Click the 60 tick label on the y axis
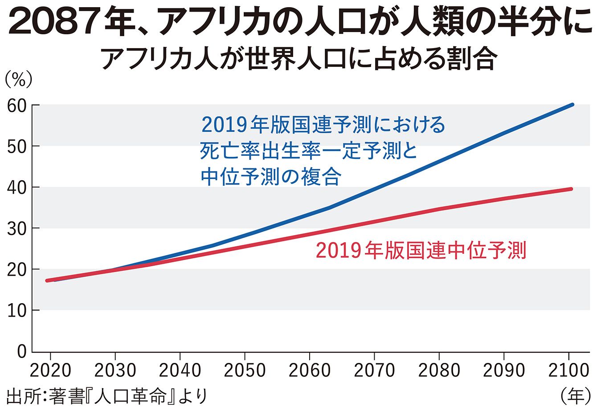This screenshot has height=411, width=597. [x=16, y=106]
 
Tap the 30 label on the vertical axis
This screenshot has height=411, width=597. [x=16, y=228]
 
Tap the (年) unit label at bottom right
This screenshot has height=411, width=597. [x=575, y=395]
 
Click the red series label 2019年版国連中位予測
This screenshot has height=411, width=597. [x=421, y=251]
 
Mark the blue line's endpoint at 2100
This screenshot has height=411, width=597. [x=572, y=105]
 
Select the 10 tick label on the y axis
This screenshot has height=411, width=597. [x=16, y=310]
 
